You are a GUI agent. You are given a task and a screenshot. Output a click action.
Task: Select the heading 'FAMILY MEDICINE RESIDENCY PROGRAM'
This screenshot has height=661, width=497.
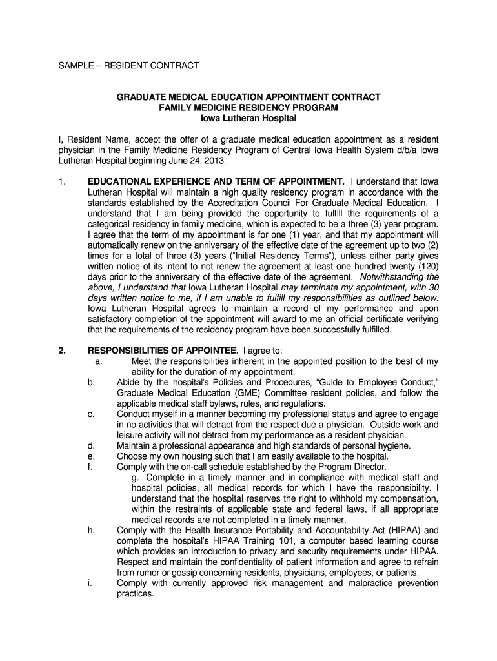pyautogui.click(x=248, y=108)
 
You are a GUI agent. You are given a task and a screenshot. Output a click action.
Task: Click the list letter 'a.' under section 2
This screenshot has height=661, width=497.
pyautogui.click(x=98, y=361)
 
